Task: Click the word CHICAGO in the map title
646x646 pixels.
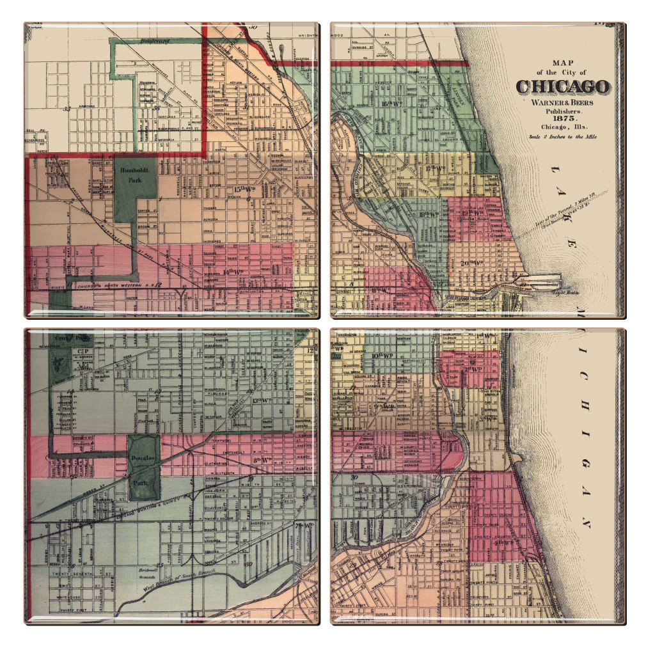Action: pos(563,86)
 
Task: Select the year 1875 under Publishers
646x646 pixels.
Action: pos(562,119)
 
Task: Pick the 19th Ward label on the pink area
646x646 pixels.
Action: pos(474,212)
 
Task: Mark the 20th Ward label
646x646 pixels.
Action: pos(475,262)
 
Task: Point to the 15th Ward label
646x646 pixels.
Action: pos(244,190)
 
